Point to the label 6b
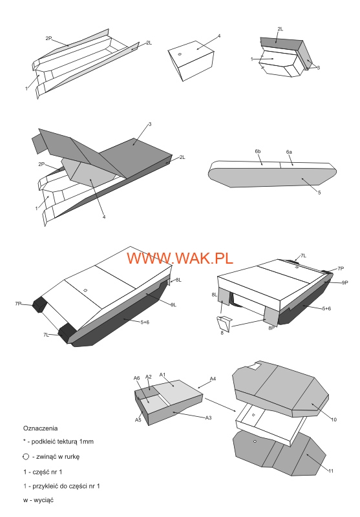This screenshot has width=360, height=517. coord(257,151)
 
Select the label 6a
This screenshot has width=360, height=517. coord(290,151)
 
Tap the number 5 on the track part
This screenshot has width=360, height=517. coord(319,192)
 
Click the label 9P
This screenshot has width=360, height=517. coord(344,282)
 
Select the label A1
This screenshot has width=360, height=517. coord(164,374)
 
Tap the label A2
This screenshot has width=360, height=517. coord(148,377)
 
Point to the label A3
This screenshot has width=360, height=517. coord(208,418)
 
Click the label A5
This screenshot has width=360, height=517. coord(138,420)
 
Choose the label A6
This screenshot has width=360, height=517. coord(136,377)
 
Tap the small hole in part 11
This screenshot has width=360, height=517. coord(257,443)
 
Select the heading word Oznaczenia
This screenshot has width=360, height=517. coord(40,428)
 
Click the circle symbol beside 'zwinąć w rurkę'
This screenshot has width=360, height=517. coord(25,456)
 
